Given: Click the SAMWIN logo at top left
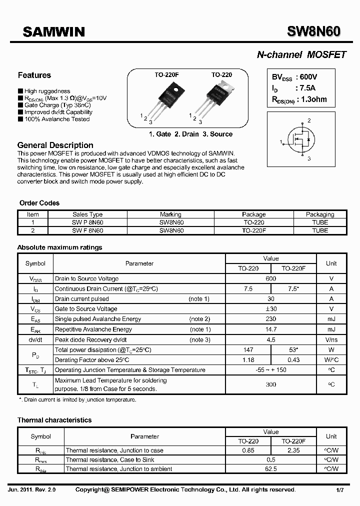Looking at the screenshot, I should coord(54,32).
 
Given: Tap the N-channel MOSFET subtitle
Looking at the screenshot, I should coord(301,55).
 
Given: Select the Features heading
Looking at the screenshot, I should coord(34,75).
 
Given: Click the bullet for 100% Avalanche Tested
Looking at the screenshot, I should coord(20,119).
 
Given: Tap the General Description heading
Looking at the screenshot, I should coord(55,145).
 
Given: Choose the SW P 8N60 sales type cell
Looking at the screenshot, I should coord(87,222).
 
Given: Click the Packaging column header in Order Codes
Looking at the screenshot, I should coord(320,214).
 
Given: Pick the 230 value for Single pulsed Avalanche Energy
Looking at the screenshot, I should coord(271,319).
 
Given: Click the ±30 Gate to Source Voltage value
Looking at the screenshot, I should coord(271,309).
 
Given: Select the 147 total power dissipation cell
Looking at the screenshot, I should coord(248,350).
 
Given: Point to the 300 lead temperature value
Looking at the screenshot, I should coord(271,384).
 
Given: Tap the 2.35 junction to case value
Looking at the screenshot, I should coord(293,450).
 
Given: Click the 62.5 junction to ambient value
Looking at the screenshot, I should coord(271,469).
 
